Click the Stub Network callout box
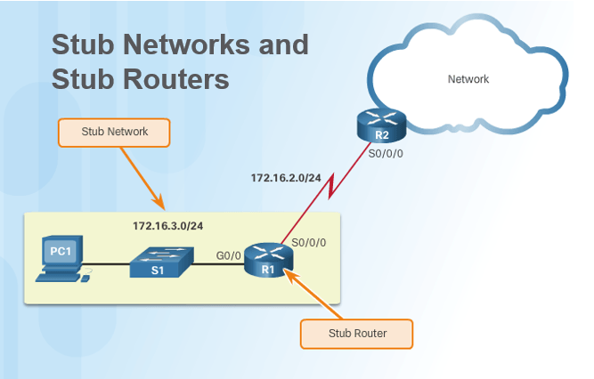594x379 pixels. point(115,132)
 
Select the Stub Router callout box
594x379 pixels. point(356,334)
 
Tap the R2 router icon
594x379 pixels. point(381,126)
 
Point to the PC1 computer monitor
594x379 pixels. point(61,255)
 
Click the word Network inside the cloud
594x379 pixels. point(468,79)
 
